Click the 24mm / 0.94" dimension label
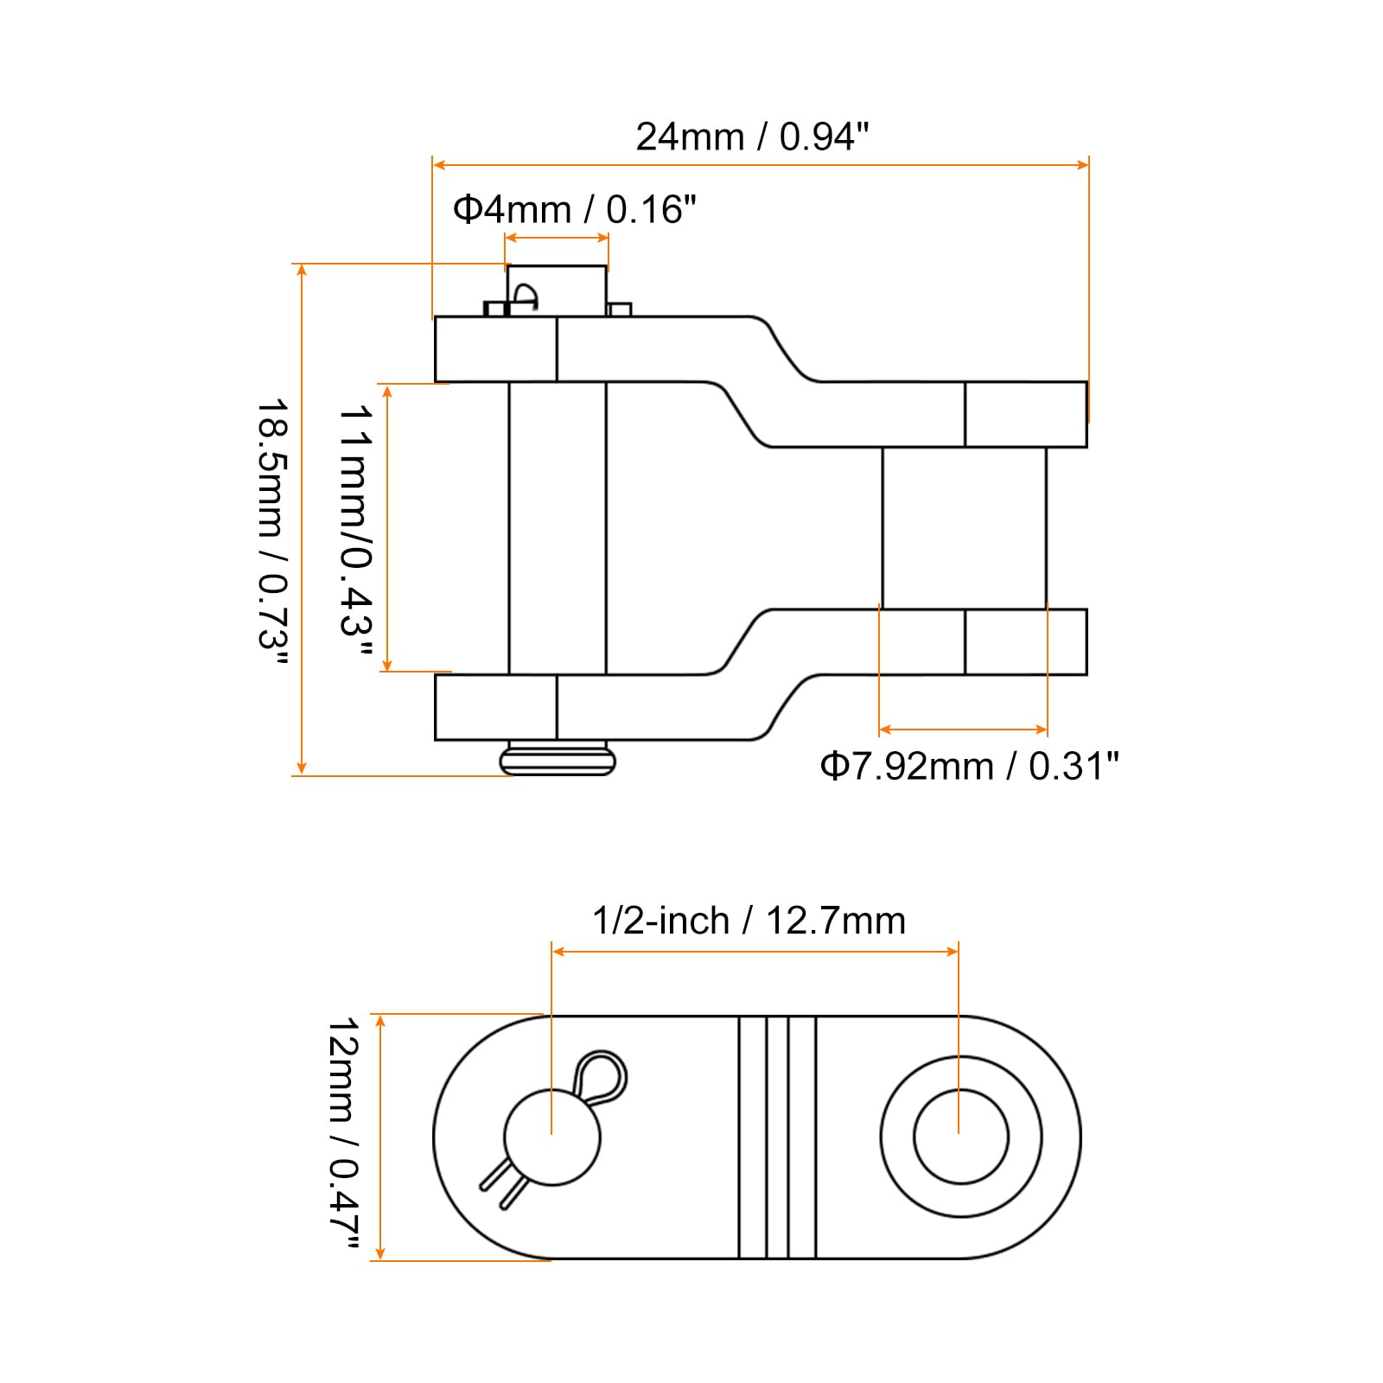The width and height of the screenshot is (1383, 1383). point(752,137)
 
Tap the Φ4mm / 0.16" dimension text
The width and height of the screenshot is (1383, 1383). point(575,209)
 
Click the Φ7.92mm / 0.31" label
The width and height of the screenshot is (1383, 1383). point(969,766)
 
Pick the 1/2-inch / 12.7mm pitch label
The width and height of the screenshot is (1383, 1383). point(749,921)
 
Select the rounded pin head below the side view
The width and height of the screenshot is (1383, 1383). point(558,759)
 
